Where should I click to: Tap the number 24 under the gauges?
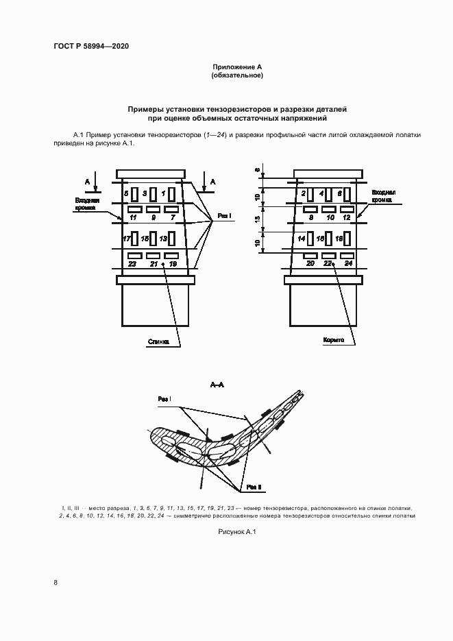click(x=348, y=263)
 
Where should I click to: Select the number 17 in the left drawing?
click(x=126, y=239)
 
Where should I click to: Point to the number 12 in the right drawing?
click(x=347, y=217)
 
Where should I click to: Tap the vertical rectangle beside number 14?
click(x=310, y=239)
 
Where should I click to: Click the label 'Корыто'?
click(x=333, y=341)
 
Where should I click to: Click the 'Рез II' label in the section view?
click(x=255, y=487)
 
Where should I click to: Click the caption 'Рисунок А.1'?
click(x=236, y=532)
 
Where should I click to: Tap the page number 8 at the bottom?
click(x=56, y=583)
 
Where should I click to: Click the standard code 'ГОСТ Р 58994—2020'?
click(x=91, y=46)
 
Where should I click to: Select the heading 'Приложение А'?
click(x=237, y=66)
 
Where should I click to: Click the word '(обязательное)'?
click(x=237, y=75)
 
